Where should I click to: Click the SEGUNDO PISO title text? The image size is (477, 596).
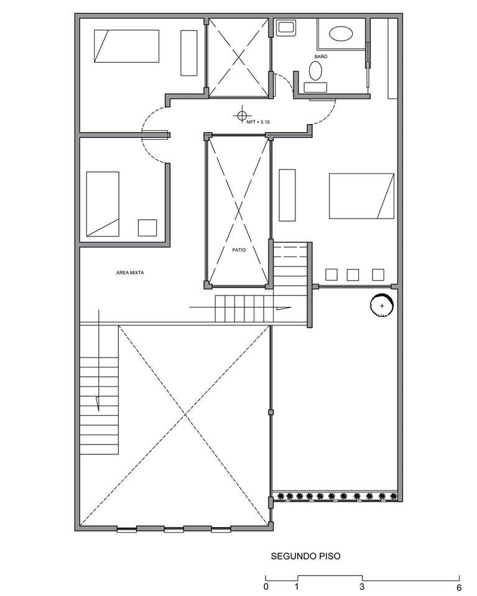pyautogui.click(x=305, y=556)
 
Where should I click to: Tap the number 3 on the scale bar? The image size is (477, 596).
pyautogui.click(x=362, y=586)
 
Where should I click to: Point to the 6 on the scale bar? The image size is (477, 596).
pyautogui.click(x=459, y=587)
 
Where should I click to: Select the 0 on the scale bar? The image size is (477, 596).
pyautogui.click(x=266, y=586)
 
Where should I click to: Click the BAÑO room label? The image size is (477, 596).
pyautogui.click(x=321, y=56)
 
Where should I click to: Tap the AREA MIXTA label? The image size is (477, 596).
pyautogui.click(x=130, y=273)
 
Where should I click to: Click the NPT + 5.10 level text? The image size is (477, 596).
pyautogui.click(x=258, y=122)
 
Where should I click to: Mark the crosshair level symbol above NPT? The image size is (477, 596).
pyautogui.click(x=241, y=114)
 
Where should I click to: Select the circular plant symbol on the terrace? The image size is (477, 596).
pyautogui.click(x=381, y=305)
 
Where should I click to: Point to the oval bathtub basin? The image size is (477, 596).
pyautogui.click(x=341, y=34)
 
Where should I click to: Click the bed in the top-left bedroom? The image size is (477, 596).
pyautogui.click(x=127, y=46)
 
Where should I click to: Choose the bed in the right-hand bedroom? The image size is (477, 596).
pyautogui.click(x=361, y=196)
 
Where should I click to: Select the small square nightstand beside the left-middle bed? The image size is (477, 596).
pyautogui.click(x=147, y=228)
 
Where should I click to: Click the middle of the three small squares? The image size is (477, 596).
pyautogui.click(x=353, y=274)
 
